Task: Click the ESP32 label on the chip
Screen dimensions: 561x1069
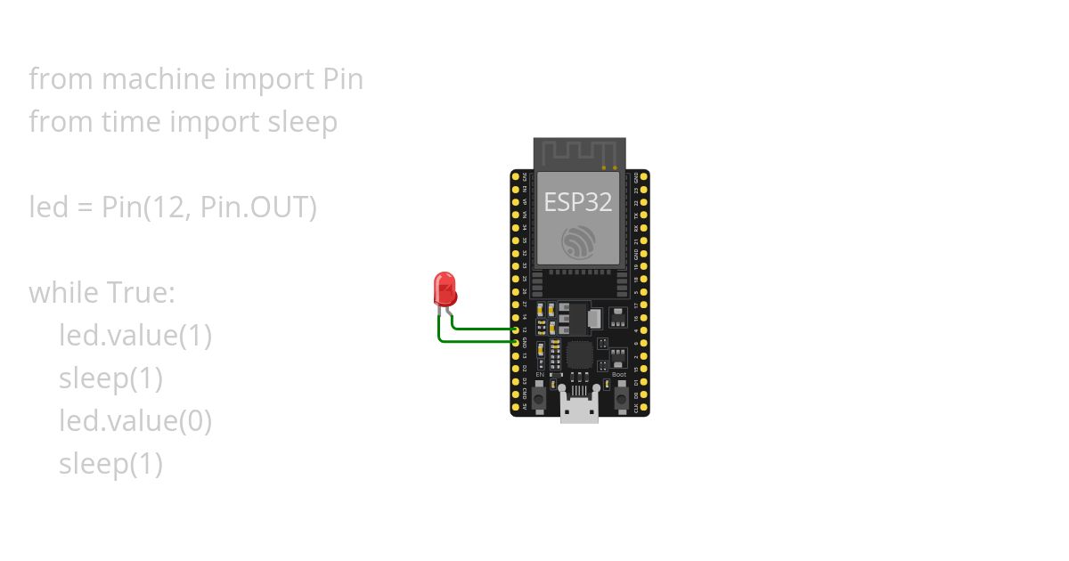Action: click(578, 202)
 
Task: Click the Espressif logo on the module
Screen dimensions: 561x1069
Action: click(578, 242)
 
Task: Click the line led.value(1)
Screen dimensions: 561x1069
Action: click(135, 336)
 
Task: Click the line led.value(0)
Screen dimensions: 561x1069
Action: click(135, 421)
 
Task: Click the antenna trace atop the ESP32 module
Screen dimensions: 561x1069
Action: click(579, 153)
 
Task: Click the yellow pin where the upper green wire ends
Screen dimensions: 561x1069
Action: click(516, 329)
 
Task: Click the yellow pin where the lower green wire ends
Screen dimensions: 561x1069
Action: click(516, 342)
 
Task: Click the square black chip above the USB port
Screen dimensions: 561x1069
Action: click(580, 354)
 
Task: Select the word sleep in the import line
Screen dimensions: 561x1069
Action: click(303, 122)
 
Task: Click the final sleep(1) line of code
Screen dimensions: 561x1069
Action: click(110, 464)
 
